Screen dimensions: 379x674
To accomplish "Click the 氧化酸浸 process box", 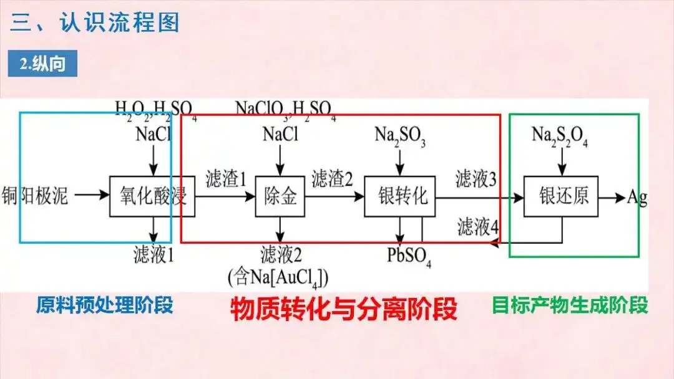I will click(x=152, y=197).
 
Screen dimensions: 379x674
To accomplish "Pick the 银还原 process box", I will click(x=560, y=197).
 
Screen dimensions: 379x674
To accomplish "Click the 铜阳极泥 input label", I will click(x=35, y=196).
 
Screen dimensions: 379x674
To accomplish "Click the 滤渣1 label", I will click(x=226, y=180).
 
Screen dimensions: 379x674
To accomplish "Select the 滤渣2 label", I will click(x=332, y=180).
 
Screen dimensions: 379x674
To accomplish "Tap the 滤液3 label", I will click(x=476, y=180).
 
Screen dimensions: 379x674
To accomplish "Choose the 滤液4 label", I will click(x=478, y=227).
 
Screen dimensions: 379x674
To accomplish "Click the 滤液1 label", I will click(x=154, y=254).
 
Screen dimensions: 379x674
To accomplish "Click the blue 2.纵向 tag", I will click(x=42, y=64).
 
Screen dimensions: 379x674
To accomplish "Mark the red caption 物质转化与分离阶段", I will click(x=344, y=309).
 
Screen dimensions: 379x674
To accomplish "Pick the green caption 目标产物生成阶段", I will click(x=570, y=305).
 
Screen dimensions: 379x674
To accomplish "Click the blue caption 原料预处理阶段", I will click(x=104, y=305).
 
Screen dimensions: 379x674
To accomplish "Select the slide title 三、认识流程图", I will click(x=94, y=22).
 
